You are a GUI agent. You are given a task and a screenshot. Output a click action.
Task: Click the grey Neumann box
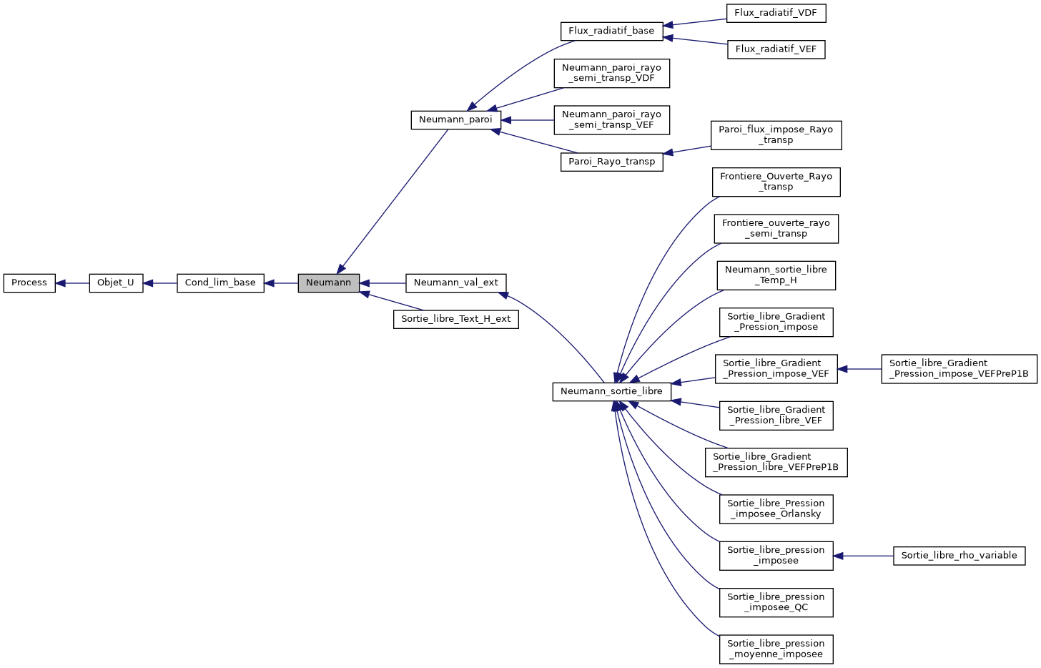coord(328,283)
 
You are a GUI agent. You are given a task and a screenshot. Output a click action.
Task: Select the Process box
coord(29,283)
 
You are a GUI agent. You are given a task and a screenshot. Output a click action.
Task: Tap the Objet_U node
coord(116,283)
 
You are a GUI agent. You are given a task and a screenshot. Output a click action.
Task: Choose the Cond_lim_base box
coord(220,283)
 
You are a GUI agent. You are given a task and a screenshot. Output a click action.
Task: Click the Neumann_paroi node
coord(455,119)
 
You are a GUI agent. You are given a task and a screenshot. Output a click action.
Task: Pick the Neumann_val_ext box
coord(455,283)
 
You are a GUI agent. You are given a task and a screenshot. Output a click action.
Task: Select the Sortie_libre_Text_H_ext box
coord(455,319)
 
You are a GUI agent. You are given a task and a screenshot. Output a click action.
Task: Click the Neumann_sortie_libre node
coord(611,391)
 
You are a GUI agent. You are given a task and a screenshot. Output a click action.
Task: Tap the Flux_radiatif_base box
coord(611,31)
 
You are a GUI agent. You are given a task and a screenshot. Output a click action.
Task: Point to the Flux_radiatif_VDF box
coord(776,13)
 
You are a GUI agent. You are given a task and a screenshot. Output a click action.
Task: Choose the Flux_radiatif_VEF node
coord(776,49)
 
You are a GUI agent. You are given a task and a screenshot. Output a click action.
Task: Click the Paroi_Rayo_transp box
coord(611,162)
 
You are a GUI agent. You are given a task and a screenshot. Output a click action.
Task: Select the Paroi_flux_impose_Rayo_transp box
coord(776,135)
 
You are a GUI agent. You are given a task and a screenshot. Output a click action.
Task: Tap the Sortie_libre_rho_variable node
coord(959,556)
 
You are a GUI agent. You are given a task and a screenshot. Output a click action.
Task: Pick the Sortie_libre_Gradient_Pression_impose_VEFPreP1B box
coord(959,369)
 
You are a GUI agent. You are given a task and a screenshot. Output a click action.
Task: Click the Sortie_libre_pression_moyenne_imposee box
coord(776,649)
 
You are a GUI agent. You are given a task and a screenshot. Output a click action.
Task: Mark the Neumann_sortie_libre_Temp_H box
coord(776,275)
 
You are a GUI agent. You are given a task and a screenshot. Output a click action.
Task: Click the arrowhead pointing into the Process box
coord(61,283)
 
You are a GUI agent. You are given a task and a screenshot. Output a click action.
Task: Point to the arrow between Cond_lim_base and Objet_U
coord(160,283)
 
